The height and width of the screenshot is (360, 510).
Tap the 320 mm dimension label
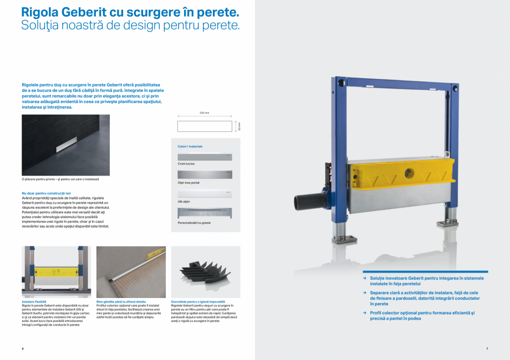pos(204,112)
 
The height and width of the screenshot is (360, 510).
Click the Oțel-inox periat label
pos(188,182)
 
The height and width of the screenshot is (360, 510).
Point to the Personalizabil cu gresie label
pos(194,222)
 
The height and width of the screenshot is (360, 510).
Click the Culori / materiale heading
pos(190,146)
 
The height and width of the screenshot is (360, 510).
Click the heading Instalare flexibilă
pos(34,302)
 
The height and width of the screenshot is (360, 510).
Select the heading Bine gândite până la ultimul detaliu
pos(121,302)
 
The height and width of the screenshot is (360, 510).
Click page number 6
pos(23,348)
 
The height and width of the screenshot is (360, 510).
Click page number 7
pos(486,348)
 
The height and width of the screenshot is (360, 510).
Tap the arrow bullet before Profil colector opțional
pos(365,313)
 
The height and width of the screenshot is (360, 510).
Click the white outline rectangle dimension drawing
pos(204,126)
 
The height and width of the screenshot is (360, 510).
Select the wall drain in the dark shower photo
pos(64,148)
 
